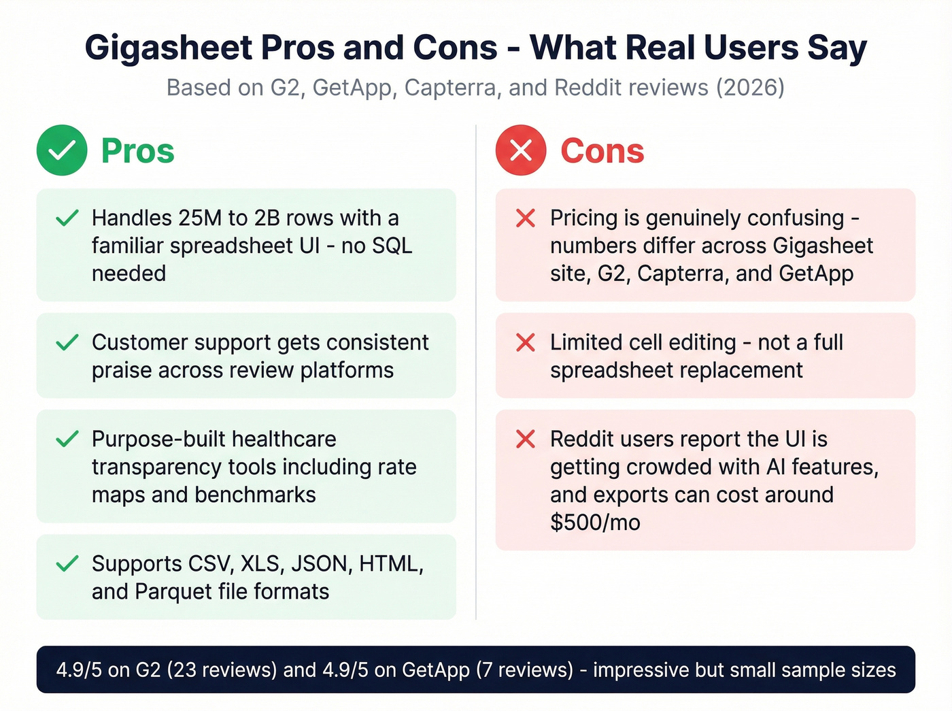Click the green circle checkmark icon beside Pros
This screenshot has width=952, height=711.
[x=62, y=150]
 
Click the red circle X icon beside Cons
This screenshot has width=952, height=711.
[x=521, y=150]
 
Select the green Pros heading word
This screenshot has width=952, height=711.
[x=137, y=151]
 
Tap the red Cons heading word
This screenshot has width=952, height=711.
[x=602, y=151]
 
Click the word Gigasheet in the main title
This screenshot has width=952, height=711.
[x=168, y=48]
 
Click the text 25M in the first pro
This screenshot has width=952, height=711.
[x=201, y=218]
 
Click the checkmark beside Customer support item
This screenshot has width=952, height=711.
[x=67, y=342]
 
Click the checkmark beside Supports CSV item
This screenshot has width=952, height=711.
[x=67, y=564]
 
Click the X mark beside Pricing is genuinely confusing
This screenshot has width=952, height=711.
[x=526, y=218]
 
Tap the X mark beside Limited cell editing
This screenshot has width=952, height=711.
[x=526, y=342]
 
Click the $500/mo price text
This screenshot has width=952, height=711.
[x=595, y=523]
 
